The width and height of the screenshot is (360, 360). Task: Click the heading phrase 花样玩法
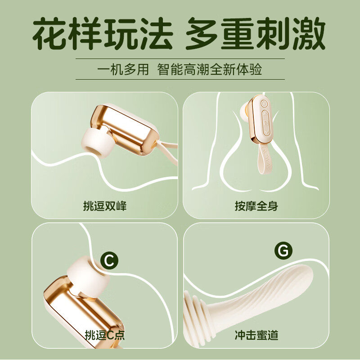click(x=103, y=33)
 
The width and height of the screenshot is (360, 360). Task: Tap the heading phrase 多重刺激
click(x=256, y=33)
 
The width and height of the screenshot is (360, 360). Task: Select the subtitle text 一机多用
click(x=123, y=69)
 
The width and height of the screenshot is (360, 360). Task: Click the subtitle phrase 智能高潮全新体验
click(x=210, y=69)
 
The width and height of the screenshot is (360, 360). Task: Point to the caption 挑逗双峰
click(x=105, y=206)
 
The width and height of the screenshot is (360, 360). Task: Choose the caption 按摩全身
click(x=256, y=206)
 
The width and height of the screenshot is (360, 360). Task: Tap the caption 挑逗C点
click(x=105, y=335)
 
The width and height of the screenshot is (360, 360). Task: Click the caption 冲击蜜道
click(x=256, y=335)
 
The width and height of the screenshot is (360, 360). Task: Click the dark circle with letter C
click(x=109, y=261)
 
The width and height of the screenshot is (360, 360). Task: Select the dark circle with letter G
click(x=283, y=251)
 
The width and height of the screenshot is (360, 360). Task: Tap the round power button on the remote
click(x=264, y=104)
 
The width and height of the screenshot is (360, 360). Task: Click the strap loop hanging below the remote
click(x=265, y=159)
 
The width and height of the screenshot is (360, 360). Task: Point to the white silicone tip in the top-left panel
click(x=98, y=142)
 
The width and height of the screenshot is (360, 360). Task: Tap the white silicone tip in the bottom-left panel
click(x=88, y=277)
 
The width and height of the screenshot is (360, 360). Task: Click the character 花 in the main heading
click(x=49, y=33)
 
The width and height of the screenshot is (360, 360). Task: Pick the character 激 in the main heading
click(x=309, y=33)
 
